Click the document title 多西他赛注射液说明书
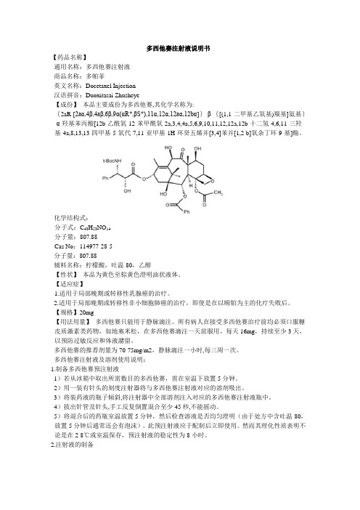(x=179, y=45)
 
